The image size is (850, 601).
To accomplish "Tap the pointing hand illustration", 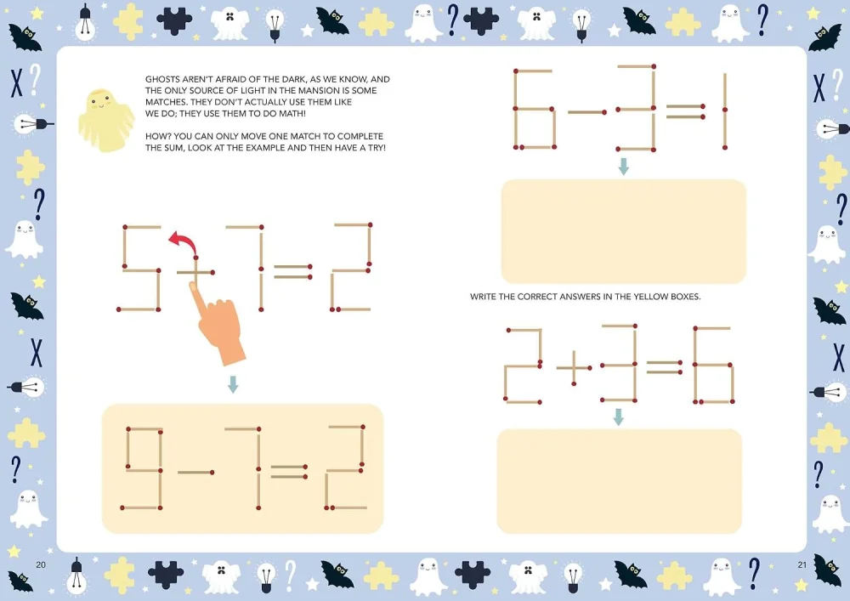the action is coord(218,322).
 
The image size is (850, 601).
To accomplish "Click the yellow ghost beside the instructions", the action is coord(105,120).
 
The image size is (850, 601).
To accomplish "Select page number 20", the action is coord(41,564).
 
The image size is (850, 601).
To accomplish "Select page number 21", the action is coord(802,564).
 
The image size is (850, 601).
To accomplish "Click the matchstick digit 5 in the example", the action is coord(139,269).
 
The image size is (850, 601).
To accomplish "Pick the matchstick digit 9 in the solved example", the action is coord(143,468).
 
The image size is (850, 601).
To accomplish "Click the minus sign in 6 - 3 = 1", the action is coord(587,112).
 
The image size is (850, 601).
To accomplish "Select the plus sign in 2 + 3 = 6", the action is coord(574,368).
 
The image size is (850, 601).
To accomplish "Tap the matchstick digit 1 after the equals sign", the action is coord(725,111).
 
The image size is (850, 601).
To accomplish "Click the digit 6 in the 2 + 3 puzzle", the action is coord(713,366).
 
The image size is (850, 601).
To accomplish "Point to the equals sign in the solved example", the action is coord(290,472).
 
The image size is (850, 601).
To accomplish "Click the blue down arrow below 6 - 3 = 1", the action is coord(623,167).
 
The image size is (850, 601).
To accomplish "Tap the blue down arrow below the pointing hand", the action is coord(233,384).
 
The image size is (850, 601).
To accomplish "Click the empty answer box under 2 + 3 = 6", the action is coord(619,481).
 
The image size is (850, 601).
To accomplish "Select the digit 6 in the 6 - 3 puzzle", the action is coord(535,109).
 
